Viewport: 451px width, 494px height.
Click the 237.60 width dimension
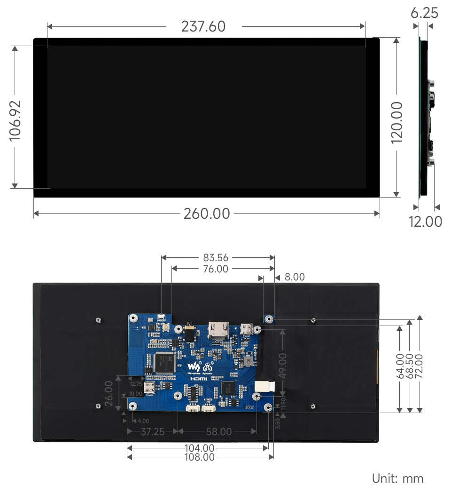203,27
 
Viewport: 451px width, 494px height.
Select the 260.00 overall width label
207,214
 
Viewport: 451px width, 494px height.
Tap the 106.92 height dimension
16,120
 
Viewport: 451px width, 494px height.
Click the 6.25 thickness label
424,13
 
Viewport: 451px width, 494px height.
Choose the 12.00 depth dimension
425,221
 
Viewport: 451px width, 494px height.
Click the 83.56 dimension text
216,257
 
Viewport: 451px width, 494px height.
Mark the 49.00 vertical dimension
282,362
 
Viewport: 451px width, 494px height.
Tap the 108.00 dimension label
200,457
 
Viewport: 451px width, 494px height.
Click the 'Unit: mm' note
397,478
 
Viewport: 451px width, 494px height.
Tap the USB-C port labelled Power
246,328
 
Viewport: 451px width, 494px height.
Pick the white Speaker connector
192,408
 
